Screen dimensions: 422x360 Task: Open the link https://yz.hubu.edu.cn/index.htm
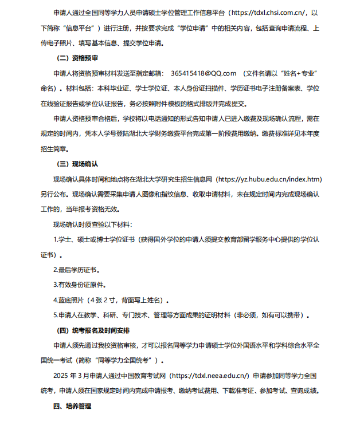pyautogui.click(x=275, y=179)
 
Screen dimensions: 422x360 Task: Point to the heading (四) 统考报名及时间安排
pyautogui.click(x=93, y=330)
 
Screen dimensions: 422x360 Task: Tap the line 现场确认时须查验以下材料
pyautogui.click(x=92, y=224)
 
